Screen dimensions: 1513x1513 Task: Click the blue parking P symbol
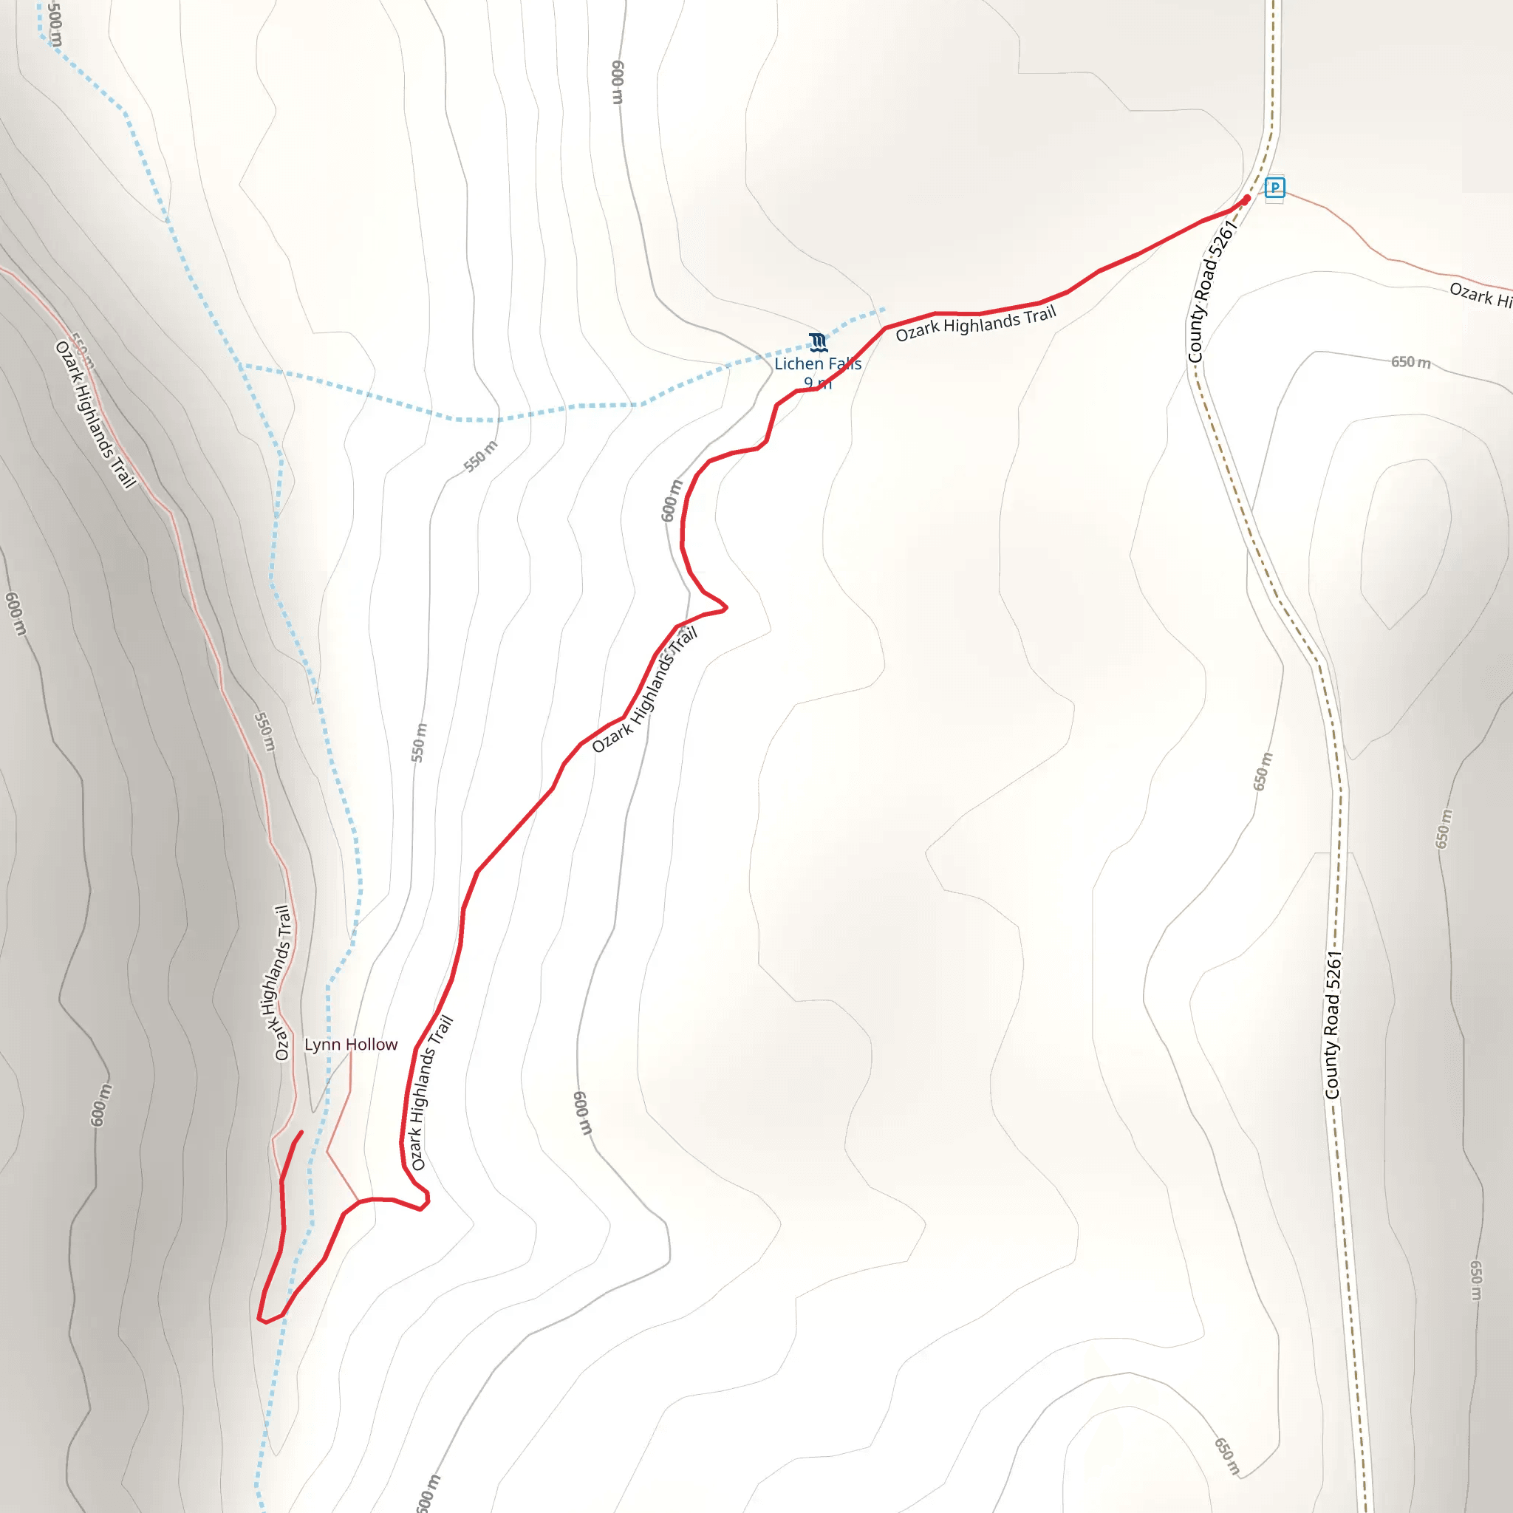pos(1275,188)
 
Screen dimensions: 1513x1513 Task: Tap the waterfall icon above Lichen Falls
pos(819,342)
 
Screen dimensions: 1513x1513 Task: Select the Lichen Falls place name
pos(818,363)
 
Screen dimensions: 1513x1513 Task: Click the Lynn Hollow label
pos(351,1045)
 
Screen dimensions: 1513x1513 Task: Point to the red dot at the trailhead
pos(1247,199)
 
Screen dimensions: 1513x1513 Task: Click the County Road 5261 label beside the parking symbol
pos(1212,291)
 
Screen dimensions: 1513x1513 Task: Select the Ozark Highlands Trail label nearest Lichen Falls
pos(976,324)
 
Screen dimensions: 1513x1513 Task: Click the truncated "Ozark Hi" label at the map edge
pos(1480,296)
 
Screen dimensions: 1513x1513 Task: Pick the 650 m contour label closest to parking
pos(1410,362)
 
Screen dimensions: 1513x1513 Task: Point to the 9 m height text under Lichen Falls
pos(818,383)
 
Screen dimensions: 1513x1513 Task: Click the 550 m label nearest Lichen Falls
pos(481,457)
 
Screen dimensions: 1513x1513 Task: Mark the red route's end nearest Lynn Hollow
pos(301,1133)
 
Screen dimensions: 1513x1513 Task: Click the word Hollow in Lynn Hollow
pos(374,1045)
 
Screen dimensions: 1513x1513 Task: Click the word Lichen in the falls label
pos(798,363)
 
